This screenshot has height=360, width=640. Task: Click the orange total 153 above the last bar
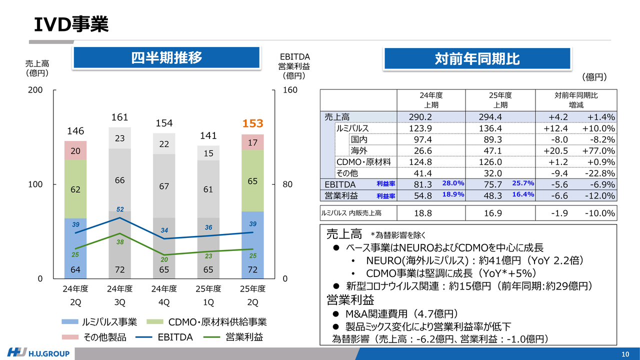(252, 123)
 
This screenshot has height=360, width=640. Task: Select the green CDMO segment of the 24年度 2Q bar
(75, 189)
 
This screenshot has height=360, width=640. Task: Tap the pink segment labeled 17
(252, 142)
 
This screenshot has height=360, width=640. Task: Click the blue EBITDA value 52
(120, 209)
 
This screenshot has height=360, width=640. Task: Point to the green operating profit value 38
(120, 242)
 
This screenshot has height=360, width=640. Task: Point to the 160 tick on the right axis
(290, 90)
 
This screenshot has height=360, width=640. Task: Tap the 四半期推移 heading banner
(166, 57)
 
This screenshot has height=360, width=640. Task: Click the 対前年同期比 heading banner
(477, 59)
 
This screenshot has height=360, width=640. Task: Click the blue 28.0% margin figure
(453, 183)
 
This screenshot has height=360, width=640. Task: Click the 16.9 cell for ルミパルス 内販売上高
(490, 213)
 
